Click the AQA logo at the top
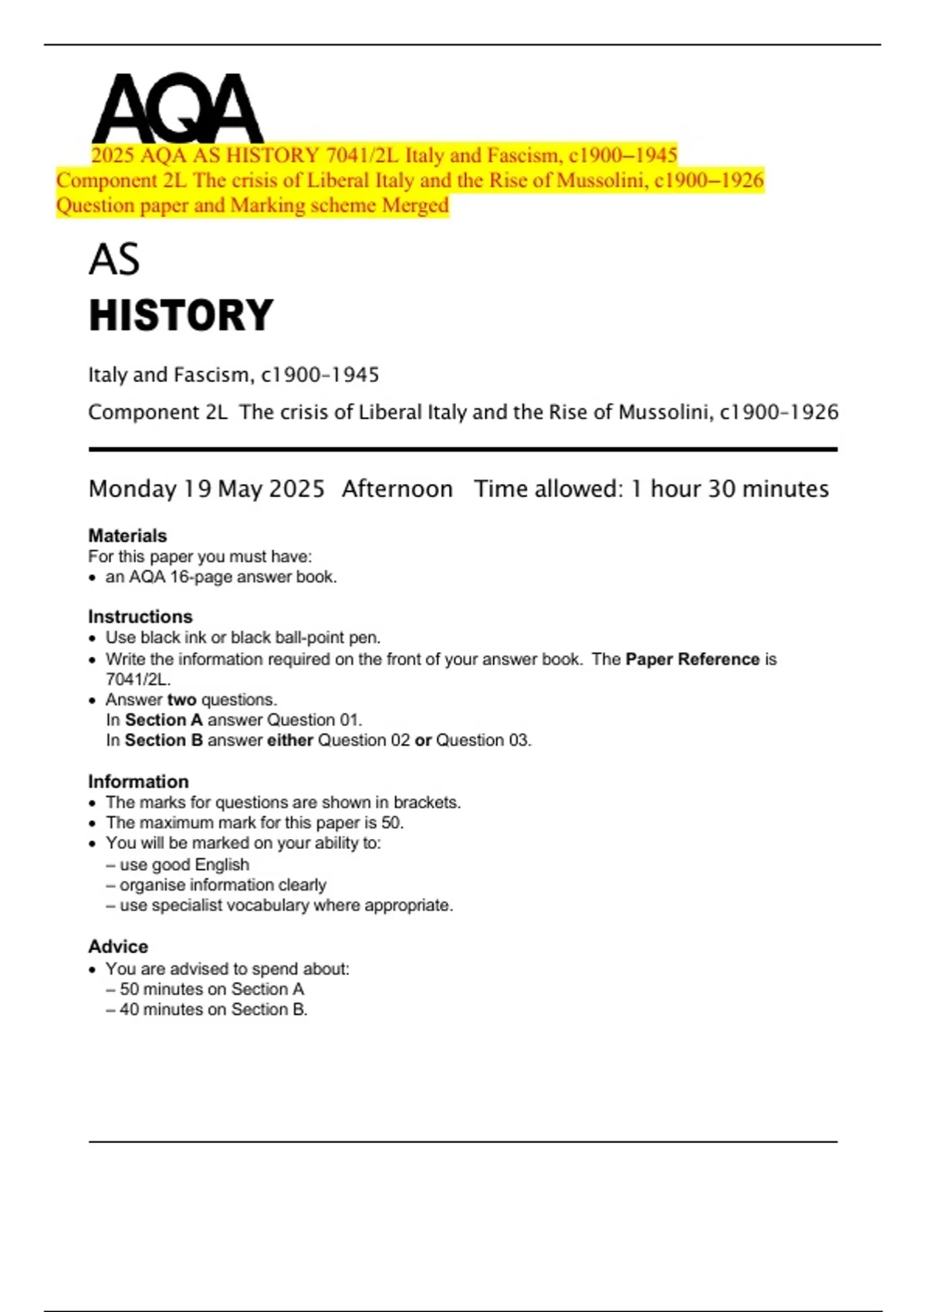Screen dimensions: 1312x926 177,108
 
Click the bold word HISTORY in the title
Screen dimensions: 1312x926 181,316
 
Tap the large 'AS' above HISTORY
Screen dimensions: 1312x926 114,259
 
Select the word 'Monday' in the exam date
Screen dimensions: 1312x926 133,489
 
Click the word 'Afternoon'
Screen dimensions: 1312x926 397,489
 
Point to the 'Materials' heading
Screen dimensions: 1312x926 127,536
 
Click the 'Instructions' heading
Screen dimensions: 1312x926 140,617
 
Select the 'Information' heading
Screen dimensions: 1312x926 138,781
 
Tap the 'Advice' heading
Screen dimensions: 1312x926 118,946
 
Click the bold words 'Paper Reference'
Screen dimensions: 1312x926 692,659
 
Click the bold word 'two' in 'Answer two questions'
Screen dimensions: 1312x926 181,699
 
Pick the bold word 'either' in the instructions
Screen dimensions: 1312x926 289,740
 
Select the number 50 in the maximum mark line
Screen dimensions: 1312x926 390,823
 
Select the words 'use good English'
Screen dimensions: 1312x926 184,864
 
